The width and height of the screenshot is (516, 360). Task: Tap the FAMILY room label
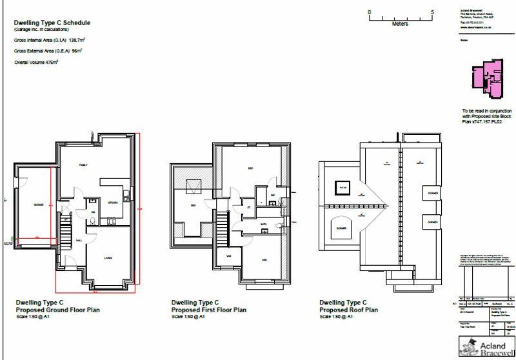[83, 165]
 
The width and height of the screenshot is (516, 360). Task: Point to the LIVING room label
[109, 258]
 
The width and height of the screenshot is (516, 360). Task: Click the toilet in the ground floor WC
[94, 221]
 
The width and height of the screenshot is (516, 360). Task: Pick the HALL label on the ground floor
[79, 240]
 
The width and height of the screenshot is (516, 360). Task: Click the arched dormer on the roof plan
[341, 227]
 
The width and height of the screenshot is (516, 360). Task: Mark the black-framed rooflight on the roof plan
[340, 188]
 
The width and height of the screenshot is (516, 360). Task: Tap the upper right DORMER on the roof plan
[430, 193]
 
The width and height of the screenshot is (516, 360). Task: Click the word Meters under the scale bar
[400, 25]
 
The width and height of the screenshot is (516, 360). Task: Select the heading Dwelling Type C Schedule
[52, 23]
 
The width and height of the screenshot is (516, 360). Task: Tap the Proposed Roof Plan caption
[348, 309]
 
